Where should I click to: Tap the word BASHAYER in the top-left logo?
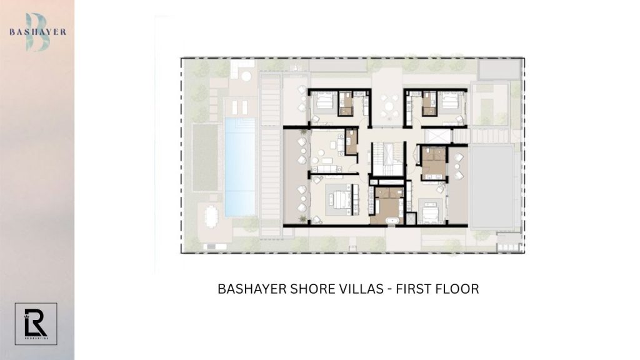pos(37,32)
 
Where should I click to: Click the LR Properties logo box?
pos(36,323)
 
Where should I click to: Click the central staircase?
pos(386,159)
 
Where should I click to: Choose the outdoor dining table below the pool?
pos(210,218)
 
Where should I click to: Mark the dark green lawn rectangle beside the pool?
pos(204,156)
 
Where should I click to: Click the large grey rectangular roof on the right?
pos(493,186)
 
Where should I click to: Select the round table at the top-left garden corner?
pos(246,76)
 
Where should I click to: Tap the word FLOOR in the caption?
pos(462,289)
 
